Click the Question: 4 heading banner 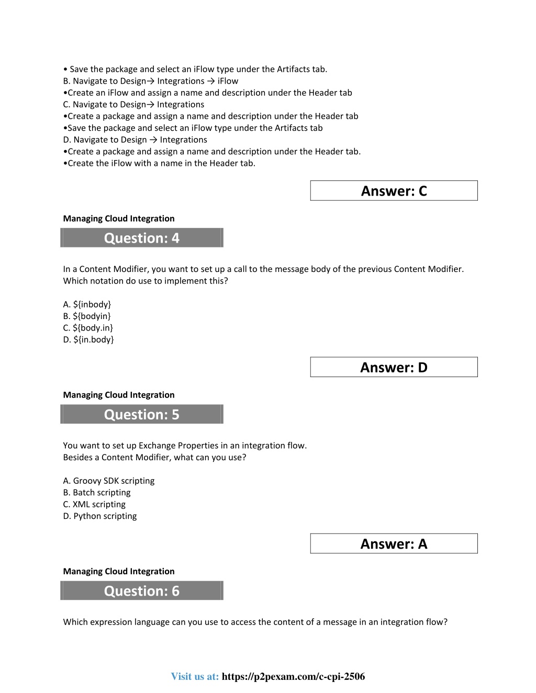point(142,238)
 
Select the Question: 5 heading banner point(142,414)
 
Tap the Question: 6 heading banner point(142,590)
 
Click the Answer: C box point(394,191)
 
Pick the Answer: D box point(394,367)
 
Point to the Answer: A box point(394,544)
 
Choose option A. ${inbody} point(87,304)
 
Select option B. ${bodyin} point(87,316)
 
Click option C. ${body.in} point(88,328)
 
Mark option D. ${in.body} point(88,339)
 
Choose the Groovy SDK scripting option point(109,481)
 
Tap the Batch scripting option point(97,493)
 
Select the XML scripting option point(94,504)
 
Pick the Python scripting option point(100,516)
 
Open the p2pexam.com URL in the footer point(293,676)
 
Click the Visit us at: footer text point(195,676)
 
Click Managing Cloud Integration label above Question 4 point(119,219)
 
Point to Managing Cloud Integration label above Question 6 point(119,571)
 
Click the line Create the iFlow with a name point(159,163)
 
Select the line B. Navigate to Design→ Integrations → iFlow point(151,81)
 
